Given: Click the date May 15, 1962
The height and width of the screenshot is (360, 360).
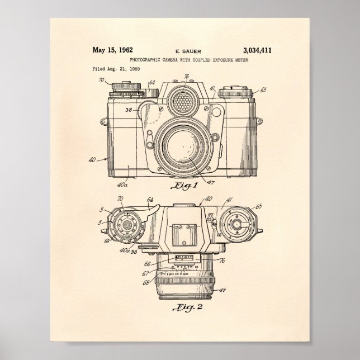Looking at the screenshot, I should [x=112, y=50].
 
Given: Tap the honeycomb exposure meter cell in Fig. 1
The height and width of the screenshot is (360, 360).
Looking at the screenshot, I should [x=179, y=101].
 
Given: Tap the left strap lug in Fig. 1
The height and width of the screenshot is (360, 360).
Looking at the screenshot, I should [x=103, y=121].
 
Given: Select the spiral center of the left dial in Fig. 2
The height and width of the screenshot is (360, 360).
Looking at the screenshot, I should [x=127, y=226].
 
